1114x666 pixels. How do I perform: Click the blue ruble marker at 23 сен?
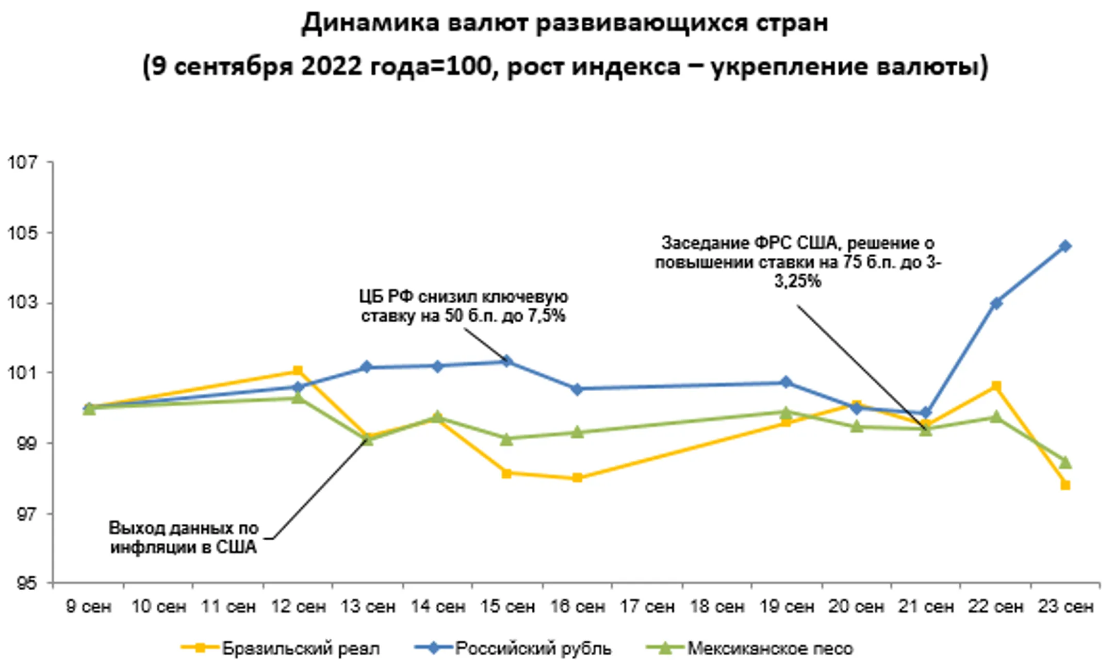point(1064,246)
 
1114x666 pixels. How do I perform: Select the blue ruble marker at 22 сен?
point(996,303)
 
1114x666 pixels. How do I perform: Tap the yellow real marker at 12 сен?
point(298,371)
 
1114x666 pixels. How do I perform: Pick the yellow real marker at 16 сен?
point(577,478)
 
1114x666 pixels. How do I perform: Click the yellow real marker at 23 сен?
point(1065,485)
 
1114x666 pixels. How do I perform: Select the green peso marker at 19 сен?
point(786,412)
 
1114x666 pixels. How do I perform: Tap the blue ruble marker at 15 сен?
point(507,361)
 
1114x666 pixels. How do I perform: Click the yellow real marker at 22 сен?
point(996,386)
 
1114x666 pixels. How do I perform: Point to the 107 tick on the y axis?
point(24,162)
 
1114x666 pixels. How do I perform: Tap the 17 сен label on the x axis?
point(647,607)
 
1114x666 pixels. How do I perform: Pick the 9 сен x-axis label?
point(89,607)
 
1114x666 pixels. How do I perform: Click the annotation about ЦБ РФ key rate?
point(463,306)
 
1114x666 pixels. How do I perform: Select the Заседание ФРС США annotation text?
point(797,262)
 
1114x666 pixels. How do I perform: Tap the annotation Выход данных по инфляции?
point(183,537)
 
